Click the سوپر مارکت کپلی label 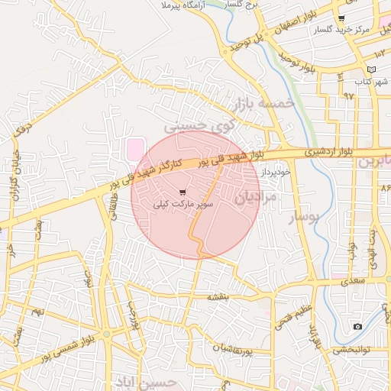(x=183, y=204)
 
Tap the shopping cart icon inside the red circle (x=182, y=192)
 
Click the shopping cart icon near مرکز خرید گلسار (x=341, y=18)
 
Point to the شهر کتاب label (x=371, y=81)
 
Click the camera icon (x=357, y=327)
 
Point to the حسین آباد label (x=145, y=380)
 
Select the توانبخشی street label (x=352, y=350)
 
